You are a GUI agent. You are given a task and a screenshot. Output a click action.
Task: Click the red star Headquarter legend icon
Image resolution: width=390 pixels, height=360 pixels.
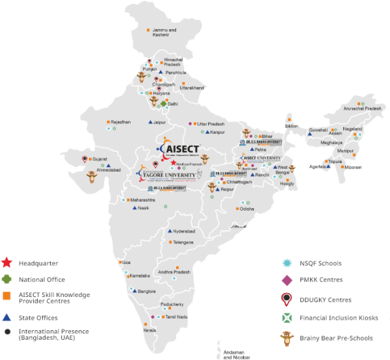click(6, 263)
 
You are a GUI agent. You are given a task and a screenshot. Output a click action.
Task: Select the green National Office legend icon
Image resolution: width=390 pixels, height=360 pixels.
click(6, 279)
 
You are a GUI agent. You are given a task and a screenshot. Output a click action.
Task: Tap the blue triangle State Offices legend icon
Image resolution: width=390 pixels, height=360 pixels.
click(6, 318)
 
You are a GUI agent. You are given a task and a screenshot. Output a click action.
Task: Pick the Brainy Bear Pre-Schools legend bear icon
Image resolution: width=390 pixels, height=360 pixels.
click(285, 337)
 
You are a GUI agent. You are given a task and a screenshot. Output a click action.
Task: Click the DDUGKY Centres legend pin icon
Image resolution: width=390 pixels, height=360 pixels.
click(285, 300)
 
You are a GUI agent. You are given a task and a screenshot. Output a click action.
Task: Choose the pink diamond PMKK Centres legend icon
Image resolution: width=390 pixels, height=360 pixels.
click(285, 280)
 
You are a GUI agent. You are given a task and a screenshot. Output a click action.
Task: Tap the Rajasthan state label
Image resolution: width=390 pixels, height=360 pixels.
click(121, 122)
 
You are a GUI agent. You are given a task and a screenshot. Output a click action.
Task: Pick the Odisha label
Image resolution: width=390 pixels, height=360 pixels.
click(247, 209)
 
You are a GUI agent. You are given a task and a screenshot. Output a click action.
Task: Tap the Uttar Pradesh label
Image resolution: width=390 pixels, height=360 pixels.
click(211, 123)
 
